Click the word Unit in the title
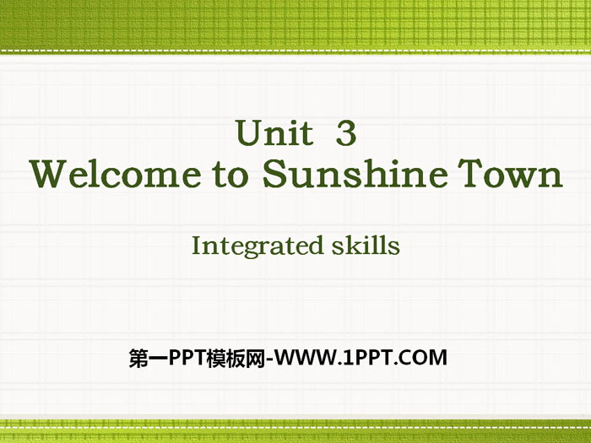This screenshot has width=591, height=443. click(274, 132)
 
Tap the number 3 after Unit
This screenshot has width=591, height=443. click(346, 133)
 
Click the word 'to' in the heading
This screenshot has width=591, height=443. click(230, 175)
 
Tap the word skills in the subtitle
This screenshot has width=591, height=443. click(366, 246)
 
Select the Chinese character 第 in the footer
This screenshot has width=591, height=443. click(138, 358)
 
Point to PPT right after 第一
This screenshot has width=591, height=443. click(187, 358)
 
